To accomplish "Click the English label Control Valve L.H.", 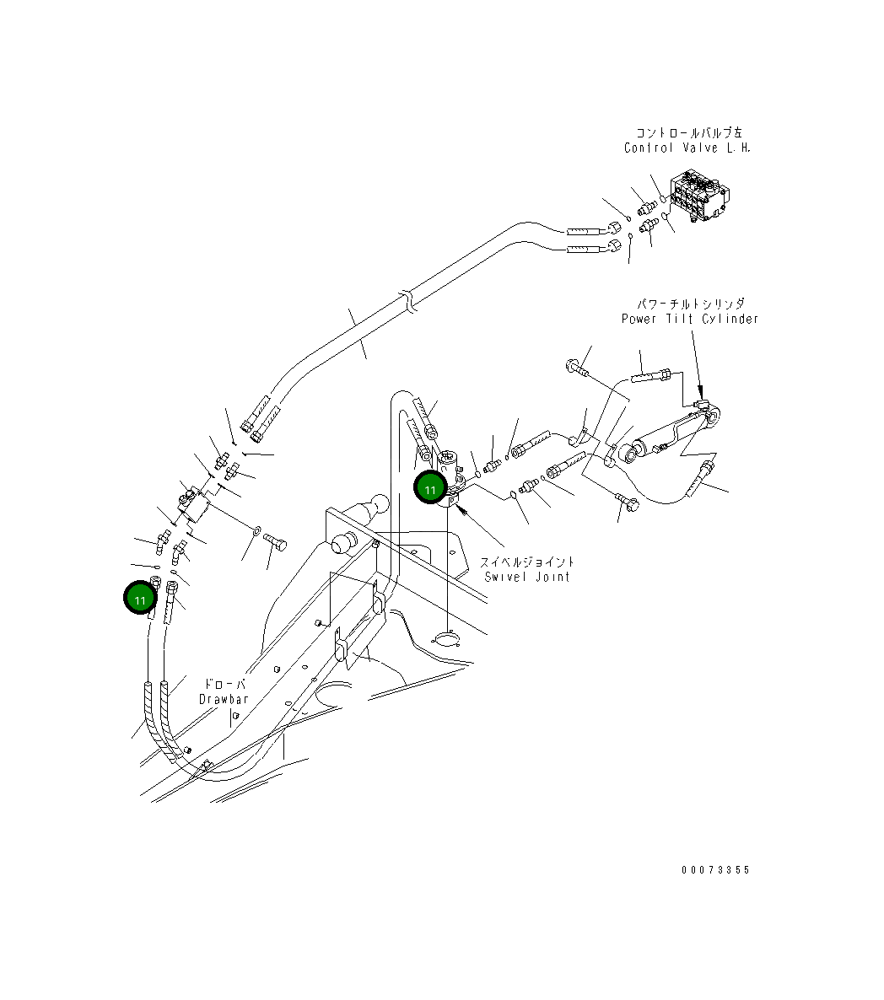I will tap(687, 148).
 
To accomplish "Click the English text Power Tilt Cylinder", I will tap(690, 319).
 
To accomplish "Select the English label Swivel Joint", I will tap(527, 577).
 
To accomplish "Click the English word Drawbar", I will tap(224, 699).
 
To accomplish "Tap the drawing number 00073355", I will tap(715, 870).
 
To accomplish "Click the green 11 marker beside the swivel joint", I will tap(431, 489).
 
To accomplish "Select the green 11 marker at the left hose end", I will tap(140, 599).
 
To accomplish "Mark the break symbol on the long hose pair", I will tap(408, 302).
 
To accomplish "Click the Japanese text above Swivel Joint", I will tap(528, 562).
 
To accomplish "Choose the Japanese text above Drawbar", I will tap(225, 684).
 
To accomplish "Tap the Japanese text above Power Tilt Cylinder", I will tap(691, 304).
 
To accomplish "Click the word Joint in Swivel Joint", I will tap(551, 577).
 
